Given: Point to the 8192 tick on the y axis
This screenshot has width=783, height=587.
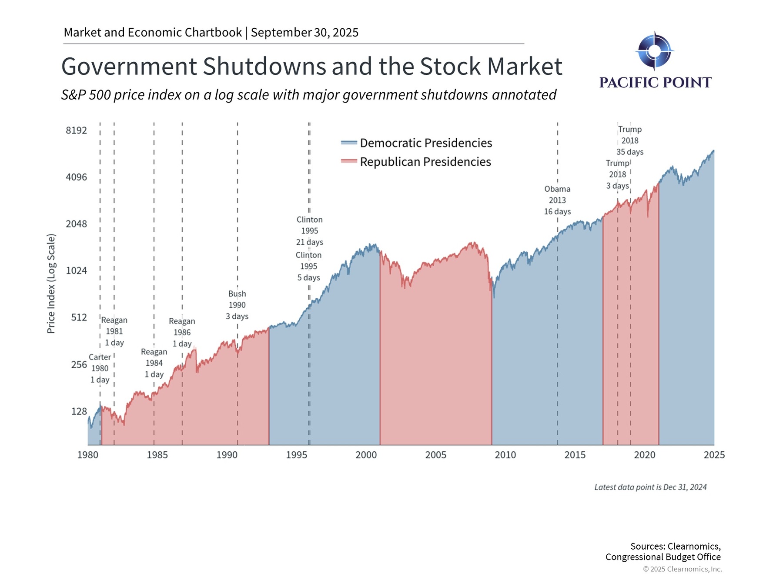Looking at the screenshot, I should pyautogui.click(x=77, y=130).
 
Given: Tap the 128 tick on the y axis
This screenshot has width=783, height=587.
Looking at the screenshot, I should pyautogui.click(x=79, y=411).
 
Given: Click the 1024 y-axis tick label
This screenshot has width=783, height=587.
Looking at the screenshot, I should pyautogui.click(x=77, y=271).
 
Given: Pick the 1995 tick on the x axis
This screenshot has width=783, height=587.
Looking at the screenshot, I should pyautogui.click(x=297, y=455).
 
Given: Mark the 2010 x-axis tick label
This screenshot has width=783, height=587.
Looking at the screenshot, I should pyautogui.click(x=505, y=455).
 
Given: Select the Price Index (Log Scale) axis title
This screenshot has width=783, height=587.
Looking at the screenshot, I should pyautogui.click(x=51, y=283).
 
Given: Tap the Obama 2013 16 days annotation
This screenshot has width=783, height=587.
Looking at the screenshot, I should pyautogui.click(x=557, y=200).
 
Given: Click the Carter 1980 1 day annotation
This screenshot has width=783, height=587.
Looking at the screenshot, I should pyautogui.click(x=100, y=368).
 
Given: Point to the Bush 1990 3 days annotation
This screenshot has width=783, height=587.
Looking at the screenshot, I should pyautogui.click(x=237, y=305).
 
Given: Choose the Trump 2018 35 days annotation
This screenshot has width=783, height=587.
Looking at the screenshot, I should pyautogui.click(x=630, y=140).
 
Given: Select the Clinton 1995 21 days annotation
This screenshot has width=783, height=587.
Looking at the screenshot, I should pyautogui.click(x=310, y=231).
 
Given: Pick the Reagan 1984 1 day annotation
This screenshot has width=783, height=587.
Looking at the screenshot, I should pyautogui.click(x=154, y=363).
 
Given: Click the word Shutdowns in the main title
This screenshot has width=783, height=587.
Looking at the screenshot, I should pyautogui.click(x=264, y=67).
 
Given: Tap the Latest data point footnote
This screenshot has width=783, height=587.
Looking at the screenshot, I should pyautogui.click(x=650, y=487).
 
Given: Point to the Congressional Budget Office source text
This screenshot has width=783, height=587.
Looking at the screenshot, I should pyautogui.click(x=663, y=557).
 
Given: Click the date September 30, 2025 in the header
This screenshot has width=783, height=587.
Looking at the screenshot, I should pyautogui.click(x=304, y=33).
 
